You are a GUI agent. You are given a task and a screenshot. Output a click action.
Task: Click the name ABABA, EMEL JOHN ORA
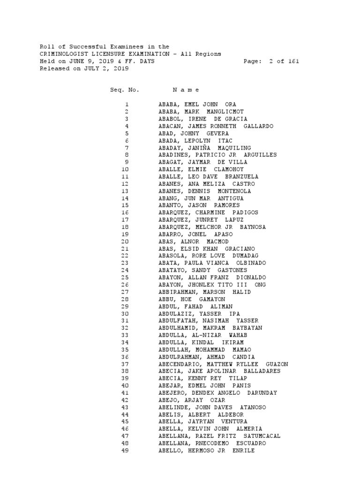[x=197, y=105]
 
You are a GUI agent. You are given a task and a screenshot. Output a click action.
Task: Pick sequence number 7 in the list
[x=127, y=148]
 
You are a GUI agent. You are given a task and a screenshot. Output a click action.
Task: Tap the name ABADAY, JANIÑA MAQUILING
[x=205, y=148]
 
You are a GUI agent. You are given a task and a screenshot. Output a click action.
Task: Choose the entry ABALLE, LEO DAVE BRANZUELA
[x=209, y=177]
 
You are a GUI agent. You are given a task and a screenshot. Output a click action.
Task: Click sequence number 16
[x=125, y=212]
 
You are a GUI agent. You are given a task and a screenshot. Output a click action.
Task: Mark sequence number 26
[x=125, y=285]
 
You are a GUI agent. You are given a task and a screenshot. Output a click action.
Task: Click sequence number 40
[x=125, y=386]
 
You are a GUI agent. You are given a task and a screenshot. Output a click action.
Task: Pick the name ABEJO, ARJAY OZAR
[x=192, y=400]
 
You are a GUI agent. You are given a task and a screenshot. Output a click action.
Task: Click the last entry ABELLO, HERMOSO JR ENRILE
[x=207, y=450]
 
